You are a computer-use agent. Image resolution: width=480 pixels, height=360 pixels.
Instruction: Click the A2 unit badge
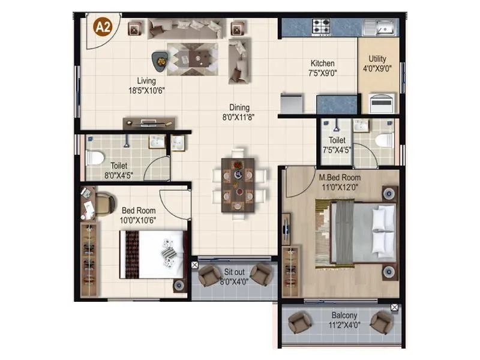[x=103, y=28]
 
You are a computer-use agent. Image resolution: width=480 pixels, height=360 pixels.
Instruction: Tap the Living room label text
[x=146, y=85]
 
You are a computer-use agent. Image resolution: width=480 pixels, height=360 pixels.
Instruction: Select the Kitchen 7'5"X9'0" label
[x=322, y=68]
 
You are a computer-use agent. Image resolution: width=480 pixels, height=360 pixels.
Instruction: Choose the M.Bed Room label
[x=340, y=182]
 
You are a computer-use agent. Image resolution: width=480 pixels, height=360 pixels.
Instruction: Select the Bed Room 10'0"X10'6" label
[x=139, y=215]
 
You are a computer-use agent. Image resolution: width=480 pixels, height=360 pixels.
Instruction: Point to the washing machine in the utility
[x=382, y=103]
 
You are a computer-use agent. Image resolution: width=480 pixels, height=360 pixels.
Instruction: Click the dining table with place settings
[x=238, y=185]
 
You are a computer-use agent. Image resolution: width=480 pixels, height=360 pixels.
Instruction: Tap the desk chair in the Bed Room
[x=104, y=203]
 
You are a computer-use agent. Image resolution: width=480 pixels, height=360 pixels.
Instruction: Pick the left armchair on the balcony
[x=299, y=322]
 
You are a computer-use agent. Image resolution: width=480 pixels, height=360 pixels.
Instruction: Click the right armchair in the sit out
[x=261, y=274]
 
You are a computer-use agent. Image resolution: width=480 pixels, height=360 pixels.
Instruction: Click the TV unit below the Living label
[x=149, y=123]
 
